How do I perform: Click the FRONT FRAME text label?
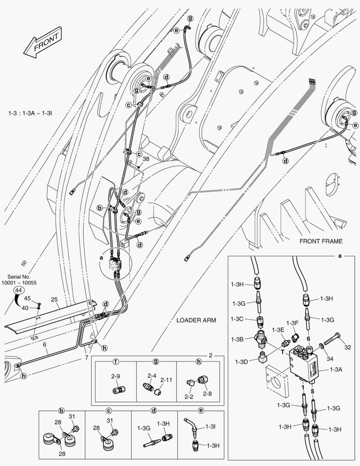click(321, 241)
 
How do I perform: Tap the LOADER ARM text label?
click(196, 320)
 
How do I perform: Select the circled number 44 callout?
click(18, 291)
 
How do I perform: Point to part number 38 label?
click(146, 159)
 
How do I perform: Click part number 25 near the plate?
click(54, 299)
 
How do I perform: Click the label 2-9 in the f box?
click(115, 376)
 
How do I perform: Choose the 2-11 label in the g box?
click(166, 380)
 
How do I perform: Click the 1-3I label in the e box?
click(211, 426)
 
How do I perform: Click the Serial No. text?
click(19, 276)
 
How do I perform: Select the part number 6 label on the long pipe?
click(44, 345)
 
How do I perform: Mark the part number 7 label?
click(86, 358)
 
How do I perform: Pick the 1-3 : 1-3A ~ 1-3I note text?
click(30, 113)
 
